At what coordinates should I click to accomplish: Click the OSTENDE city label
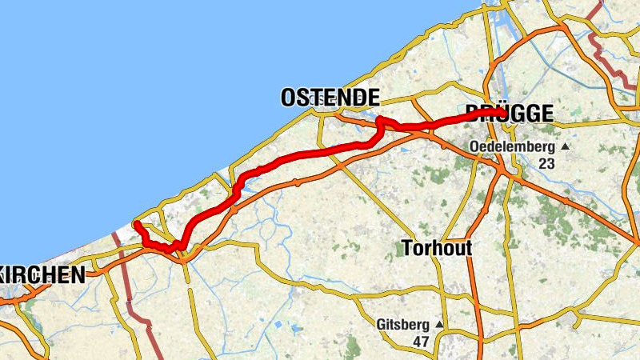(x=330, y=98)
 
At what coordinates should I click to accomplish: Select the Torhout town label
(x=436, y=249)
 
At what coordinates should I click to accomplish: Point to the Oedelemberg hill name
(x=512, y=147)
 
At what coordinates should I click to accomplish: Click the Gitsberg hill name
(x=404, y=325)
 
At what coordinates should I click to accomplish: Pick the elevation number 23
(x=546, y=163)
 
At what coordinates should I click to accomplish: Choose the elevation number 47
(x=421, y=342)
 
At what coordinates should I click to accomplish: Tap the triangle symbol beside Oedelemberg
(x=565, y=147)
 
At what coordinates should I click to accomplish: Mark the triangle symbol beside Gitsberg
(x=439, y=325)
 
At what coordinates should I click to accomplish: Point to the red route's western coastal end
(x=137, y=224)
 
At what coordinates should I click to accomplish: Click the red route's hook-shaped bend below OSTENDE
(x=379, y=122)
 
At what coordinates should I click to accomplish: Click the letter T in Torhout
(x=406, y=249)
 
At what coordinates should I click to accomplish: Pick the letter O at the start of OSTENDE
(x=288, y=98)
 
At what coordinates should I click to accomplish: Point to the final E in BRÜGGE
(x=546, y=114)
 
